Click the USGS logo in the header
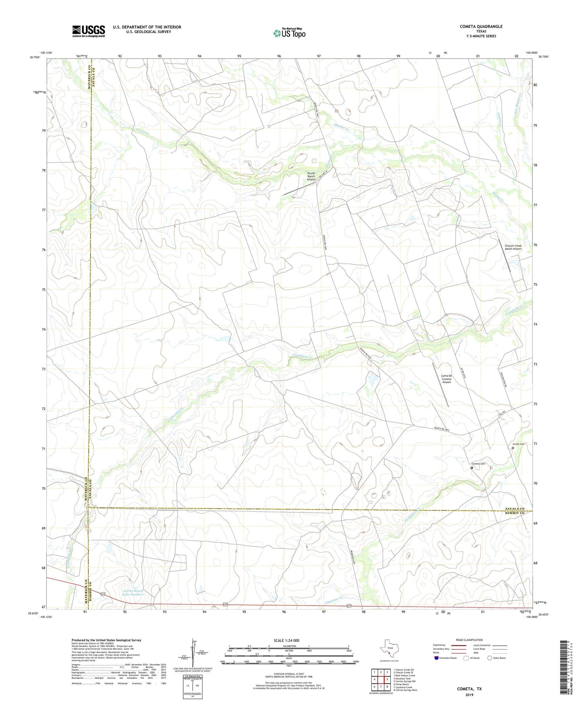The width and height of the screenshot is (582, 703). (x=89, y=31)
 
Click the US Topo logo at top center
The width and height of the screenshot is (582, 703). (x=289, y=33)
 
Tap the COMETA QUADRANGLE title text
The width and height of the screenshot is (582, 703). (x=481, y=27)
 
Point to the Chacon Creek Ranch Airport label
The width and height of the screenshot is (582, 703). (x=513, y=247)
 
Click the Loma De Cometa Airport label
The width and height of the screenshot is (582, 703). (x=446, y=379)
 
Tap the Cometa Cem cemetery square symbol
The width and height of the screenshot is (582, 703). (x=472, y=468)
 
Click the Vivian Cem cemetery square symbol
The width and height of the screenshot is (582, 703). (x=513, y=448)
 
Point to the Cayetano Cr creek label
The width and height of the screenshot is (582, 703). (x=335, y=600)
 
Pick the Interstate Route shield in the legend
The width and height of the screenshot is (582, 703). (x=437, y=658)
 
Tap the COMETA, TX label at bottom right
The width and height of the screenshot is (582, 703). (x=469, y=689)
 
